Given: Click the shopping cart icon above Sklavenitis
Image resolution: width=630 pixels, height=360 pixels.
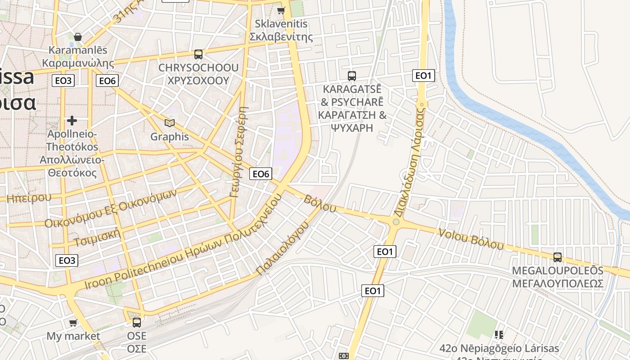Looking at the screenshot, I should click(x=281, y=10).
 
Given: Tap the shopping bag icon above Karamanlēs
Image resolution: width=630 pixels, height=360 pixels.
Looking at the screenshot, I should click(x=78, y=36).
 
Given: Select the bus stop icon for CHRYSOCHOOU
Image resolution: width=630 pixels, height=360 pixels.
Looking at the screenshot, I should click(x=198, y=54).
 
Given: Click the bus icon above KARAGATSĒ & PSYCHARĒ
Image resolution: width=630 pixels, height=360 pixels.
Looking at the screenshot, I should click(x=352, y=76).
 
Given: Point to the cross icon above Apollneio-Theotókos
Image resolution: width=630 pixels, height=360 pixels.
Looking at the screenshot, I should click(x=72, y=121).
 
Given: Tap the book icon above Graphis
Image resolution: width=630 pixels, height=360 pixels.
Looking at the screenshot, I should click(x=169, y=123).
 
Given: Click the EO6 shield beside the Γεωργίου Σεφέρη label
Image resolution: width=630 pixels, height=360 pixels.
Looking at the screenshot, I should click(x=261, y=174).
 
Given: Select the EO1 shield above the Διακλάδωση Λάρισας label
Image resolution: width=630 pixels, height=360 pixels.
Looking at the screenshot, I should click(x=423, y=75).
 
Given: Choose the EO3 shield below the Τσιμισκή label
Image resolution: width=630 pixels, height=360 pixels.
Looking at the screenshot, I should click(x=67, y=260).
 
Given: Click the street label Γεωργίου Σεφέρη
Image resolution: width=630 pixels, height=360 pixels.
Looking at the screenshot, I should click(x=238, y=152).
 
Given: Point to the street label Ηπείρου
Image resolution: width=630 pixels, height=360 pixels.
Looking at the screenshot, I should click(x=29, y=197).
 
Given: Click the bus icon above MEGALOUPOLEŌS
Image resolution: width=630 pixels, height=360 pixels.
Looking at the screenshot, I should click(x=558, y=257).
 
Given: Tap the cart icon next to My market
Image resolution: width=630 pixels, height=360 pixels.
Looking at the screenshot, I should click(x=73, y=323).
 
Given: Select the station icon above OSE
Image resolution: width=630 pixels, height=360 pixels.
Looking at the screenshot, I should click(x=136, y=322).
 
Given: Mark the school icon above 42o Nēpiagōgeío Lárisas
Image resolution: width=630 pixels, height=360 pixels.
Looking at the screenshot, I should click(x=499, y=334).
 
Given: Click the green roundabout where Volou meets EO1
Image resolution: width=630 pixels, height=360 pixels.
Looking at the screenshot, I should click(x=396, y=221).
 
